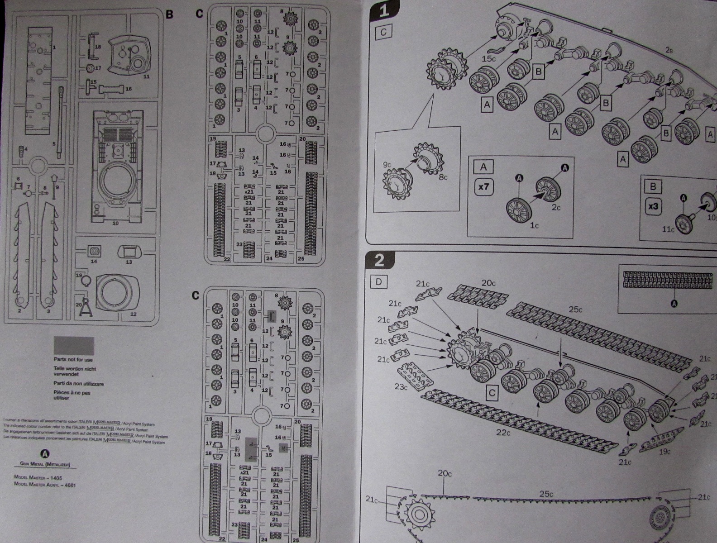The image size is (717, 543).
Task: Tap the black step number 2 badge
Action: [379, 260]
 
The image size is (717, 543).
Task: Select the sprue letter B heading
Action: [169, 14]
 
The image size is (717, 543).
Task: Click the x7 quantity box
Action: [483, 186]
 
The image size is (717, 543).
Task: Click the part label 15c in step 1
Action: [489, 59]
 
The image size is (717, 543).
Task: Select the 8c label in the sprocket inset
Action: [442, 176]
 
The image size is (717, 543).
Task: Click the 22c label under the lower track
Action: [503, 433]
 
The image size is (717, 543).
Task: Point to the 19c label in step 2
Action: [665, 452]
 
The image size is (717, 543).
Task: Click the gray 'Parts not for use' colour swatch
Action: [74, 346]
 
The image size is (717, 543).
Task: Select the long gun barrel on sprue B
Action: [61, 122]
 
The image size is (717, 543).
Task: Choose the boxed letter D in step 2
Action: [379, 282]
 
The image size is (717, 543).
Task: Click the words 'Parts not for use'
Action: [73, 360]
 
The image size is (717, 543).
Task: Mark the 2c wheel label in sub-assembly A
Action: [556, 208]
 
